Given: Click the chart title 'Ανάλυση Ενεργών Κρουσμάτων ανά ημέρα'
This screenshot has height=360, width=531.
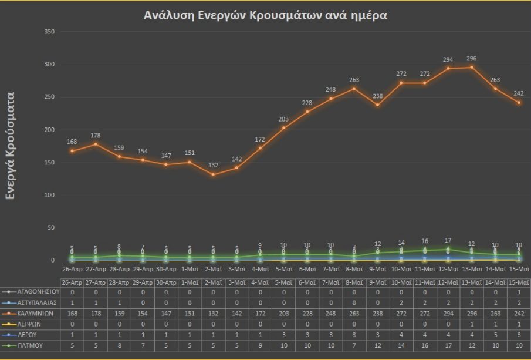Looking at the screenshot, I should click(265, 16).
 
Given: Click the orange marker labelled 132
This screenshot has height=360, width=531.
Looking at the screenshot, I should click(213, 174).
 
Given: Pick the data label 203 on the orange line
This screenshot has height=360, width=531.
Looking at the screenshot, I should click(283, 119).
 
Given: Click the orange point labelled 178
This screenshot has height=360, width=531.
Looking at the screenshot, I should click(96, 144).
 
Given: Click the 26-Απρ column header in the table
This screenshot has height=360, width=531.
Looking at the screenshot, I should click(72, 282).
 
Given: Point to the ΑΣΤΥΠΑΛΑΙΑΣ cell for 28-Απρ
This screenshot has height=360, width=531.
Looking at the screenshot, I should click(119, 302).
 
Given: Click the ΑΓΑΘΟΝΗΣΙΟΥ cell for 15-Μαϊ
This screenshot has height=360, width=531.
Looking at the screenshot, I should click(519, 291).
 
